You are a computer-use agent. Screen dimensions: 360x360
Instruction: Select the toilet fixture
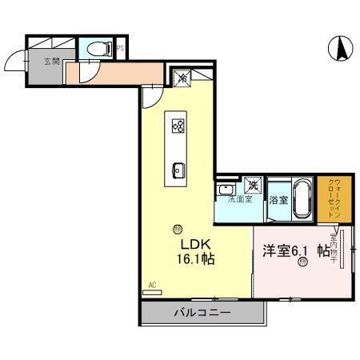[100, 48]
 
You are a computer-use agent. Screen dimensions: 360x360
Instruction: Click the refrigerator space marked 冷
[182, 78]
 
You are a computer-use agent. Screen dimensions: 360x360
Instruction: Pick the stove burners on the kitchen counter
[178, 126]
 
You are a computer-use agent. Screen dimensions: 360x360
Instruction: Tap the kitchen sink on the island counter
[178, 169]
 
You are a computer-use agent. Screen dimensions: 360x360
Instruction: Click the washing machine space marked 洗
[252, 186]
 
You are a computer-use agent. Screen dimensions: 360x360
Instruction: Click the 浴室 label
[278, 198]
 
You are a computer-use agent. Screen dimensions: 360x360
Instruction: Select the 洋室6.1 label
[283, 250]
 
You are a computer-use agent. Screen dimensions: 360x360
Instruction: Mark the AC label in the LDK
[152, 283]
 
